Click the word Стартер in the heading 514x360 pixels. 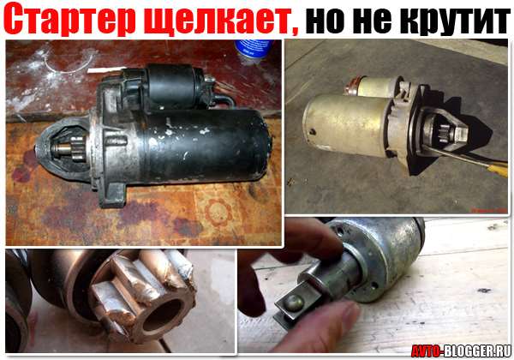[x=70, y=19]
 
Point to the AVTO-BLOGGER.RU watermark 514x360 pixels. [x=461, y=351]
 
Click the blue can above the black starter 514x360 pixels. [x=254, y=49]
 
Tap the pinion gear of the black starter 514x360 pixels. [x=78, y=149]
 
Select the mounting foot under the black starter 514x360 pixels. [x=112, y=194]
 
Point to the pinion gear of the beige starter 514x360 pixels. [x=445, y=133]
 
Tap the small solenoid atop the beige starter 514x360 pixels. [x=376, y=87]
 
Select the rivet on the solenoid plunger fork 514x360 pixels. [x=293, y=303]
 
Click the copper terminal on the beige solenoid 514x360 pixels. [x=352, y=86]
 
